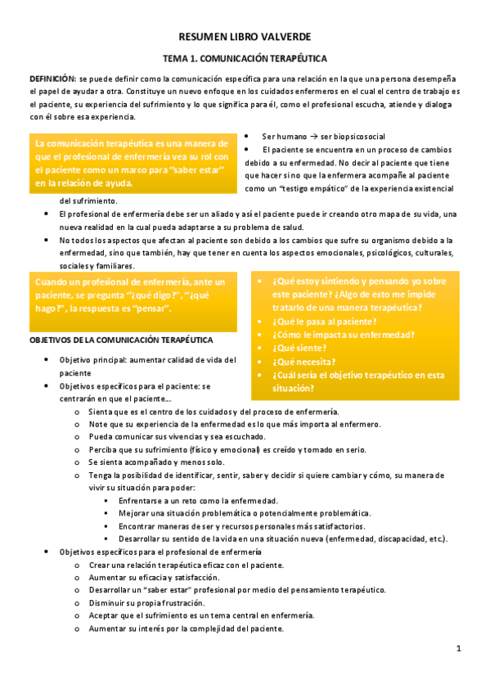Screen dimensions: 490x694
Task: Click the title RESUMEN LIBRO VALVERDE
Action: pyautogui.click(x=245, y=38)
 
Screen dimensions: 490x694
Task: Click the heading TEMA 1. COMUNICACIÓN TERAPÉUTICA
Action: pyautogui.click(x=245, y=59)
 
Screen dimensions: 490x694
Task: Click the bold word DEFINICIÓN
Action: pyautogui.click(x=52, y=76)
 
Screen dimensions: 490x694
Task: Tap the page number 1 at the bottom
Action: pyautogui.click(x=460, y=649)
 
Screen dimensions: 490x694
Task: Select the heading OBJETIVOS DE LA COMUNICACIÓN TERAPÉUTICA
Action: pyautogui.click(x=121, y=339)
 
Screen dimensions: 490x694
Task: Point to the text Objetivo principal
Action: pyautogui.click(x=92, y=359)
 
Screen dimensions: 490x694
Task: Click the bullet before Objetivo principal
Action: pyautogui.click(x=47, y=359)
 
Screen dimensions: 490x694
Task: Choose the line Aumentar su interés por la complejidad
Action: pyautogui.click(x=186, y=628)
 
